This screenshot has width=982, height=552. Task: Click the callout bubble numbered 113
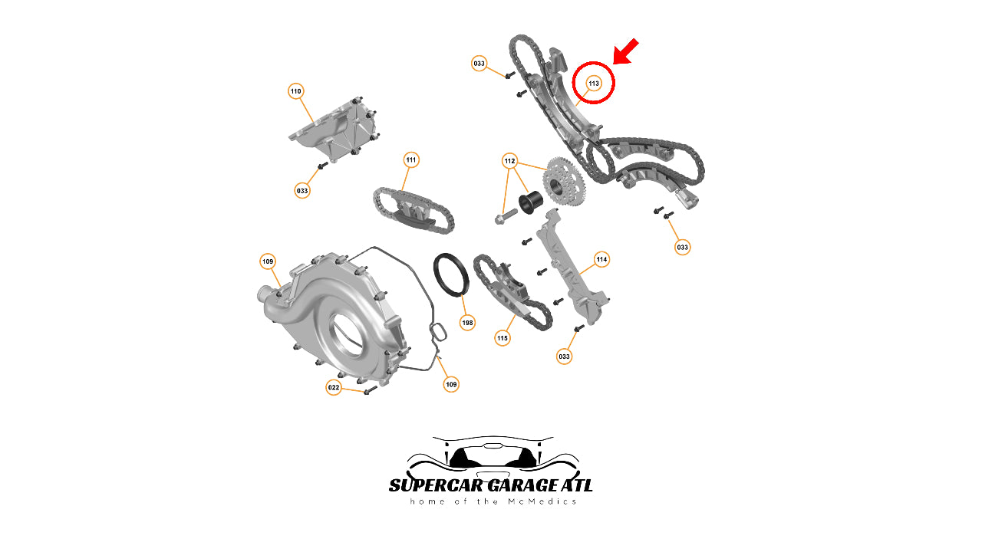click(593, 84)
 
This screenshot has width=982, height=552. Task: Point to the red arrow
click(625, 51)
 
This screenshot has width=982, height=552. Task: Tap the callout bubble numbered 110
click(296, 91)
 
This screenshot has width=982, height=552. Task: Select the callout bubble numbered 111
click(410, 160)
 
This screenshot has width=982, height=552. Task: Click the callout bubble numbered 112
click(509, 161)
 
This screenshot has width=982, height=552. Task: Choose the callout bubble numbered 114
click(601, 259)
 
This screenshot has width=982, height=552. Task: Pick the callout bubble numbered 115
click(503, 338)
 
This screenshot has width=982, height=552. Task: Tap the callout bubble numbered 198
click(468, 323)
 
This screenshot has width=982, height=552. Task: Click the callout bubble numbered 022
click(334, 387)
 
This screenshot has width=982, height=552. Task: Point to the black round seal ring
click(451, 274)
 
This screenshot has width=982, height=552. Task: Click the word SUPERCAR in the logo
click(437, 485)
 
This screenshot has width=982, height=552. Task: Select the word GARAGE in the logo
click(522, 485)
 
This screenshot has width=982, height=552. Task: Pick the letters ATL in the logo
click(576, 485)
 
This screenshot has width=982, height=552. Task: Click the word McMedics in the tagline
click(542, 501)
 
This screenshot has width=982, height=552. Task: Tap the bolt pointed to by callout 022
click(371, 389)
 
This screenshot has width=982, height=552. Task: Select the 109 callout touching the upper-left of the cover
click(268, 261)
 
